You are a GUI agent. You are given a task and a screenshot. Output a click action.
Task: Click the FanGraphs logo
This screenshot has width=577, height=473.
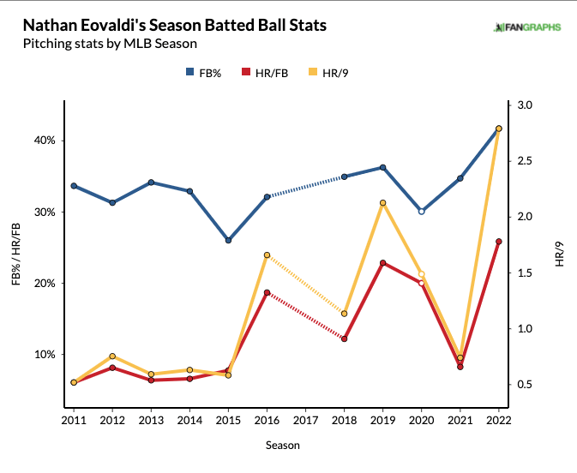tap(527, 27)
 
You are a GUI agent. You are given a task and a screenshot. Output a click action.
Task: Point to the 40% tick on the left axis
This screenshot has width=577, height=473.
tap(43, 141)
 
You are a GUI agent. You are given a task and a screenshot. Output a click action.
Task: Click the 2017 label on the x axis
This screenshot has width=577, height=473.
tap(306, 421)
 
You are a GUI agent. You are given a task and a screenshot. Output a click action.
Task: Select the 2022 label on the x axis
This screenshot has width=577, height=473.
tap(499, 421)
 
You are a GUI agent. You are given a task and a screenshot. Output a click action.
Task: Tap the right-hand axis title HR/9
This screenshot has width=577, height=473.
tap(560, 254)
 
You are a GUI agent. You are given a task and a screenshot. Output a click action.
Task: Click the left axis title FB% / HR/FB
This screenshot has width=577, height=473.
tap(17, 254)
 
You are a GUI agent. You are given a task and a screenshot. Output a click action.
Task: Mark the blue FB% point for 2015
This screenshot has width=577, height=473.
tap(228, 240)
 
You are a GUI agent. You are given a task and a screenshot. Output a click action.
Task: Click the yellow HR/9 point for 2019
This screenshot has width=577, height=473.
tap(382, 203)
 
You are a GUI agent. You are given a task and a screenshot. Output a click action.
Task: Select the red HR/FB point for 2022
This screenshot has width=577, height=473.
tap(499, 242)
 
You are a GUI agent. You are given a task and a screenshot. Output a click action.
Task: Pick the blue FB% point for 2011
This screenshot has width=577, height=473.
tap(74, 186)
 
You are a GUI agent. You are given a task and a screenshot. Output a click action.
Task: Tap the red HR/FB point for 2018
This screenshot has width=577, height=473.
tap(344, 338)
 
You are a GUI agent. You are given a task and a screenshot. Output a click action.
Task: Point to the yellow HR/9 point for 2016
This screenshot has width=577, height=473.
tap(267, 255)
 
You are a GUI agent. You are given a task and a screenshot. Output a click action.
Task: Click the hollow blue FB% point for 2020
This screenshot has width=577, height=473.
tap(421, 211)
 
